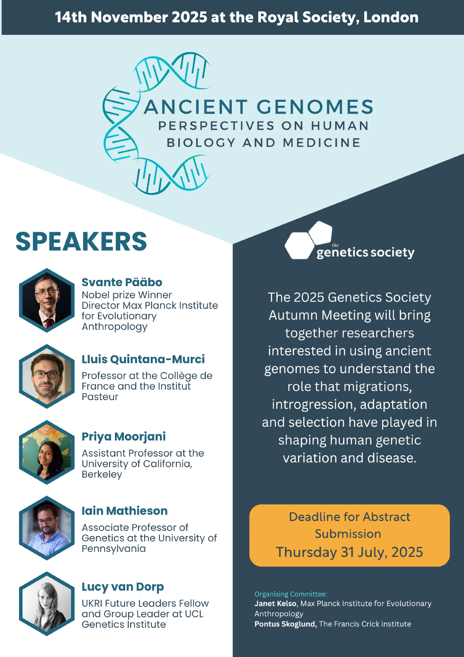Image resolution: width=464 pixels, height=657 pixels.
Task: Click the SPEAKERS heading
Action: click(x=81, y=241)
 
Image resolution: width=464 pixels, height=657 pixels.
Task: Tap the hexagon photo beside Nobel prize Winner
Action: click(x=47, y=300)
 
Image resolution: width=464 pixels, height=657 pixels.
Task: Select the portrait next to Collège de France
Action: click(x=47, y=376)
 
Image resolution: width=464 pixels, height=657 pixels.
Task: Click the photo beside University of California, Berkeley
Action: click(x=47, y=452)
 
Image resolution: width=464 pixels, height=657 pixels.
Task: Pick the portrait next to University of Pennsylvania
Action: click(x=47, y=528)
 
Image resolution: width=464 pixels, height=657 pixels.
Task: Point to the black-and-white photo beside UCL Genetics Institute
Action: click(x=47, y=604)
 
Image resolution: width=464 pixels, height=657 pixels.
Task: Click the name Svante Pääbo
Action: click(x=122, y=282)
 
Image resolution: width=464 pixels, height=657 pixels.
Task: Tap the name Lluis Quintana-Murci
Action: click(x=143, y=359)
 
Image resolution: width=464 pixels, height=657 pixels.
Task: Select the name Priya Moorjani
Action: click(x=124, y=437)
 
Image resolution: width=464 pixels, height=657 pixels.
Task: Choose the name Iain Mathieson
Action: click(x=125, y=511)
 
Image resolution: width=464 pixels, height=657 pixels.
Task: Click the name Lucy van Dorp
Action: click(x=123, y=587)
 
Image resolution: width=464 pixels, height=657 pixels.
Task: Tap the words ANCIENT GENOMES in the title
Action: click(x=259, y=107)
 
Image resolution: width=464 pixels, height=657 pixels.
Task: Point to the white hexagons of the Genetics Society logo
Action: click(x=308, y=240)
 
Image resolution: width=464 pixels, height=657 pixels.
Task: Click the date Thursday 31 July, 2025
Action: click(x=349, y=552)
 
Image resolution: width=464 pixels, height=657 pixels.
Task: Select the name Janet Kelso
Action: click(x=276, y=603)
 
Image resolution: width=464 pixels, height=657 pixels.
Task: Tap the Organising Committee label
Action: click(x=291, y=594)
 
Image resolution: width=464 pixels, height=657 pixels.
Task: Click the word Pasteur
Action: click(x=100, y=396)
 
